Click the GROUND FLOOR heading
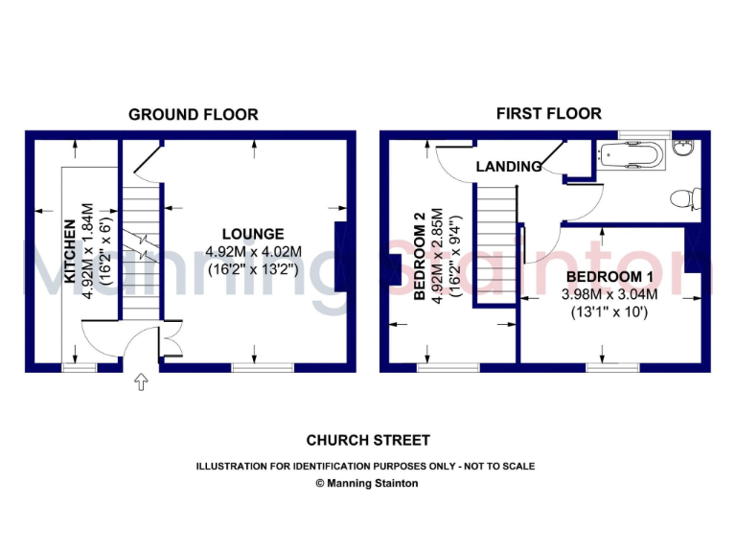[194, 114]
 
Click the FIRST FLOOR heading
[549, 113]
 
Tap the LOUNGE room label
[253, 234]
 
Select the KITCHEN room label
[70, 252]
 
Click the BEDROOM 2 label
[419, 256]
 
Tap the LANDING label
[509, 167]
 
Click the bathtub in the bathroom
[632, 153]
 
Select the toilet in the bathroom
[682, 199]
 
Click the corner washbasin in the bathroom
[683, 149]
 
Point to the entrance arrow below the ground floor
[142, 383]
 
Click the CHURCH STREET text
[368, 441]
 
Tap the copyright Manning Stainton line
[367, 483]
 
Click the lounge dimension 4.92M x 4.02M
[254, 252]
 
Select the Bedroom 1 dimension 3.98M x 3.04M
[609, 294]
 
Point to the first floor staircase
[496, 244]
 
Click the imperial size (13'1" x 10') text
[609, 312]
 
